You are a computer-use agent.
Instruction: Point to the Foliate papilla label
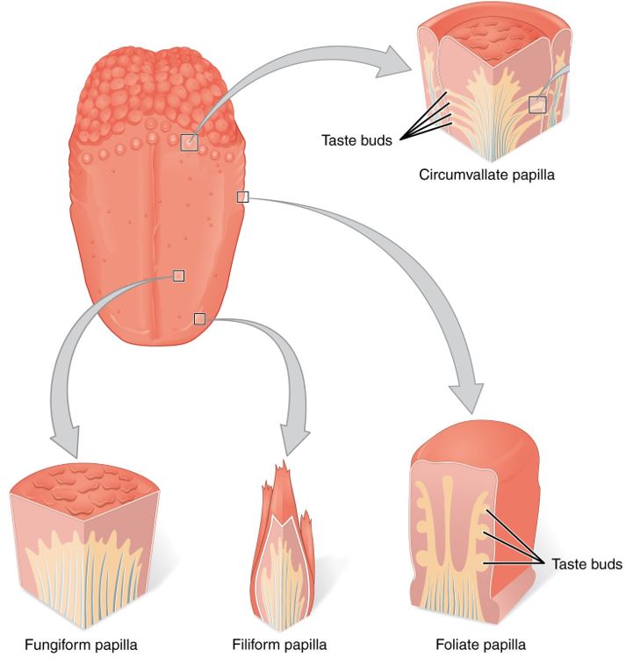[481, 646]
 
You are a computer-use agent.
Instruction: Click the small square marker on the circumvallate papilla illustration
[537, 105]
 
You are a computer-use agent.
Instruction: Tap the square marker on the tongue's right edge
[242, 197]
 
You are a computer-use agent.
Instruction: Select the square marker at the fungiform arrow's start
[178, 275]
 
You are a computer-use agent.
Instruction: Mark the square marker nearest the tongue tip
[199, 318]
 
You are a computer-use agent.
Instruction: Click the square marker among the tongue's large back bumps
[189, 142]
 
